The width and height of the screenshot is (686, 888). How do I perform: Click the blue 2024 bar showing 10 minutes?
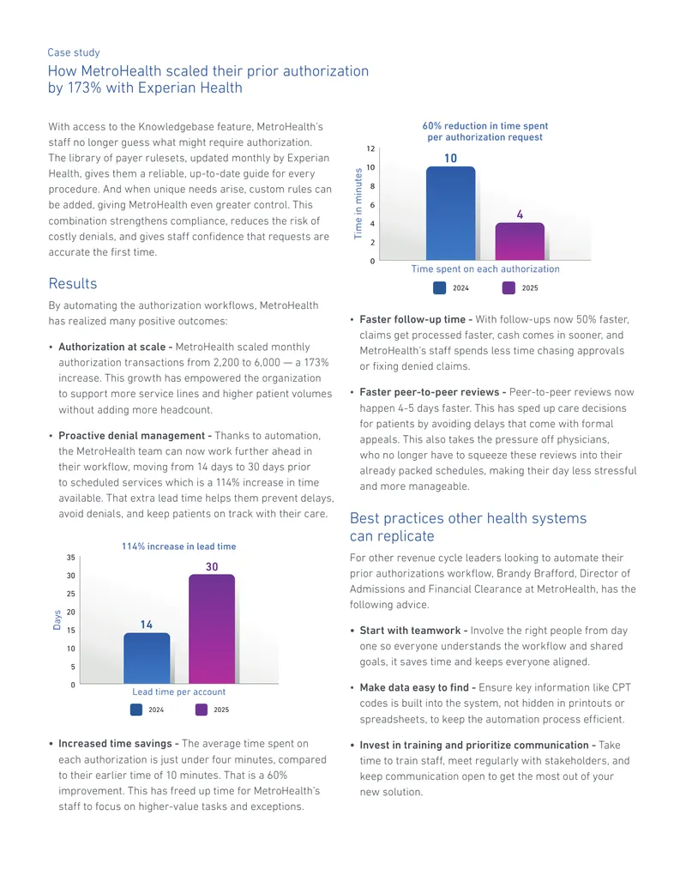(450, 214)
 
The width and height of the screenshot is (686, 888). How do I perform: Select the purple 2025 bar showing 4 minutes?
(520, 242)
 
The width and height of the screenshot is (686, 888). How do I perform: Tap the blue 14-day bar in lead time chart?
(147, 658)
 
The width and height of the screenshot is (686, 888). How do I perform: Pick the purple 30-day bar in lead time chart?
(212, 629)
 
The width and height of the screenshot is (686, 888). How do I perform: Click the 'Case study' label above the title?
(74, 52)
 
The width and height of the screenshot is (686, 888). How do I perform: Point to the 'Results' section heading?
(72, 284)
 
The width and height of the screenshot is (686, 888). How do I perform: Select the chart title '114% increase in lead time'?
(179, 547)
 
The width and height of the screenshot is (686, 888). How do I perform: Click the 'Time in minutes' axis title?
(358, 203)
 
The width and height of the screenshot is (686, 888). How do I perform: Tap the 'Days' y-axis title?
(57, 619)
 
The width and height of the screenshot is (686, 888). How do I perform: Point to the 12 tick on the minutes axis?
(370, 149)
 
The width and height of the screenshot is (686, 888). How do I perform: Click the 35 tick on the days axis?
(71, 558)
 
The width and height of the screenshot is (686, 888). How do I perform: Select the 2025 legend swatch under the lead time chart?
(202, 710)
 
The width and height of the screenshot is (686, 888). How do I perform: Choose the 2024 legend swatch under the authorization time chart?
(439, 287)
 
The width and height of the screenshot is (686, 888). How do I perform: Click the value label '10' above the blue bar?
(450, 159)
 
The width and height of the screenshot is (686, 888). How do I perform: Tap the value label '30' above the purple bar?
(212, 567)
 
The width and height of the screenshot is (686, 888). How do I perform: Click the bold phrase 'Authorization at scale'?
(112, 347)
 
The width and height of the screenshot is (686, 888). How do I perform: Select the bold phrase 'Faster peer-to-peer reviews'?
(430, 392)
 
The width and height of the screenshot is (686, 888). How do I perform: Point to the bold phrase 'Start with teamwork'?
(411, 631)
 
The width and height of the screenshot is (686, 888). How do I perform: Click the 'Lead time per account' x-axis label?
(179, 692)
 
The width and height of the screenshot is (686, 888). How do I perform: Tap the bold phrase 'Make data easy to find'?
(414, 688)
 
